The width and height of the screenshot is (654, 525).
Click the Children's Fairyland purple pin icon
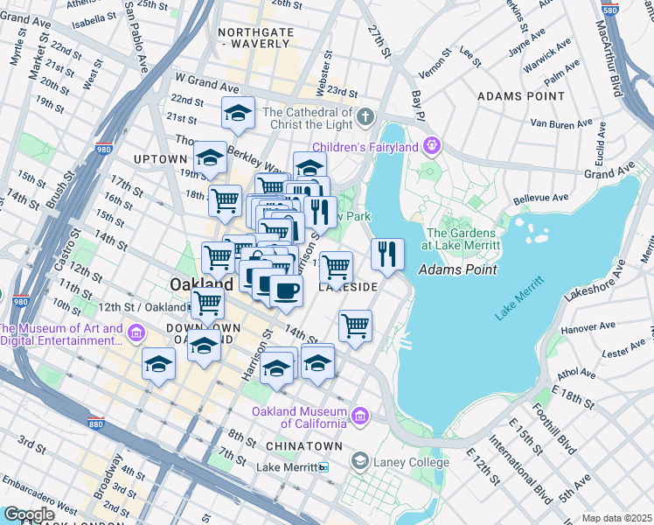[430, 144]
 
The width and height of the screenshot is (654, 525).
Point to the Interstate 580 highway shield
[633, 10]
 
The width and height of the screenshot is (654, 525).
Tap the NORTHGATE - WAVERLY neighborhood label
[254, 37]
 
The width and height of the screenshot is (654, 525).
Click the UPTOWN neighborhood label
[160, 159]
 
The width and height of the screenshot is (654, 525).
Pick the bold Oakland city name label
[200, 284]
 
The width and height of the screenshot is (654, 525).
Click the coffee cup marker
[285, 290]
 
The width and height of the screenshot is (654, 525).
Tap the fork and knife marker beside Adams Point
[387, 254]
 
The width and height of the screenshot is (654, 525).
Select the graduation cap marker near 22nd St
[238, 112]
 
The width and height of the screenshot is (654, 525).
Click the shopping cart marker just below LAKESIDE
[355, 325]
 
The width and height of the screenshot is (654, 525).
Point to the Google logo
[28, 514]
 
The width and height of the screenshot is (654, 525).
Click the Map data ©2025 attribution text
[616, 518]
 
